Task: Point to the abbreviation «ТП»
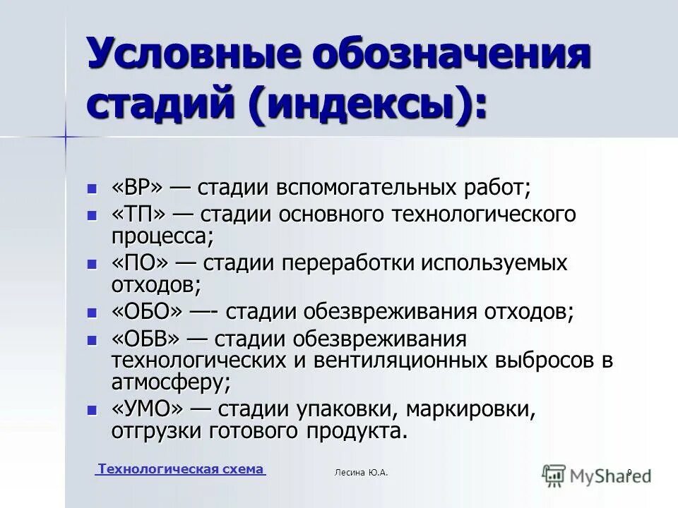138,214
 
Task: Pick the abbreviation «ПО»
140,263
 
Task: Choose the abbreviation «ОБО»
148,311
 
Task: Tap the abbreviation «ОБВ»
148,339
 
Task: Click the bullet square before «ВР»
91,190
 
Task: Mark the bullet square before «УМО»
91,410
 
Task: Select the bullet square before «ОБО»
91,313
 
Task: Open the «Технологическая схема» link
180,469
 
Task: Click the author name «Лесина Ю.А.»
361,472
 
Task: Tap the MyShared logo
597,476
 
